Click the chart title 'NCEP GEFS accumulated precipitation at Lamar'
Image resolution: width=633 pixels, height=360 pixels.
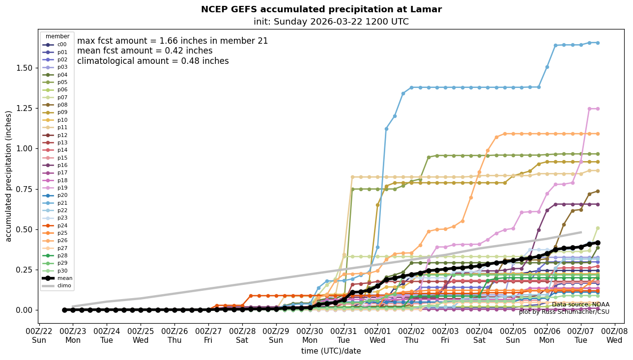coord(321,9)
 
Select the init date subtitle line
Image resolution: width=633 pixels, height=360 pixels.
coord(331,22)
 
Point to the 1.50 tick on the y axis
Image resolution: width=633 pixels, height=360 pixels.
coord(22,68)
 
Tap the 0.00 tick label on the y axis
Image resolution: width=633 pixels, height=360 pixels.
coord(22,310)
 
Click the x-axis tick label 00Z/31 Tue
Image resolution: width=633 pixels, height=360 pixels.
coord(344,336)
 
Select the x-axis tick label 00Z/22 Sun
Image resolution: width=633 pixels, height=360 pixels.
coord(39,336)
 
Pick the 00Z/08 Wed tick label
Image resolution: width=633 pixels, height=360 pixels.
coord(614,336)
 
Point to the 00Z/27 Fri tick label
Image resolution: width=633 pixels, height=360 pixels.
coord(208,336)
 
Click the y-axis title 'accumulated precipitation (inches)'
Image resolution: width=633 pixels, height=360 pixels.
coord(8,176)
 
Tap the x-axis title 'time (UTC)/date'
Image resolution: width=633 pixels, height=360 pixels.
coord(331,351)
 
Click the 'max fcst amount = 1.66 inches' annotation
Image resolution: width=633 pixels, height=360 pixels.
coord(173,41)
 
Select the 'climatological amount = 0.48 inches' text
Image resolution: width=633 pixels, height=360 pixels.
coord(153,61)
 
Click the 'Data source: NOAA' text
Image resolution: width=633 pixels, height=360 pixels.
coord(580,305)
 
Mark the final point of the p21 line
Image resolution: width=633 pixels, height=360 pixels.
coord(598,43)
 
